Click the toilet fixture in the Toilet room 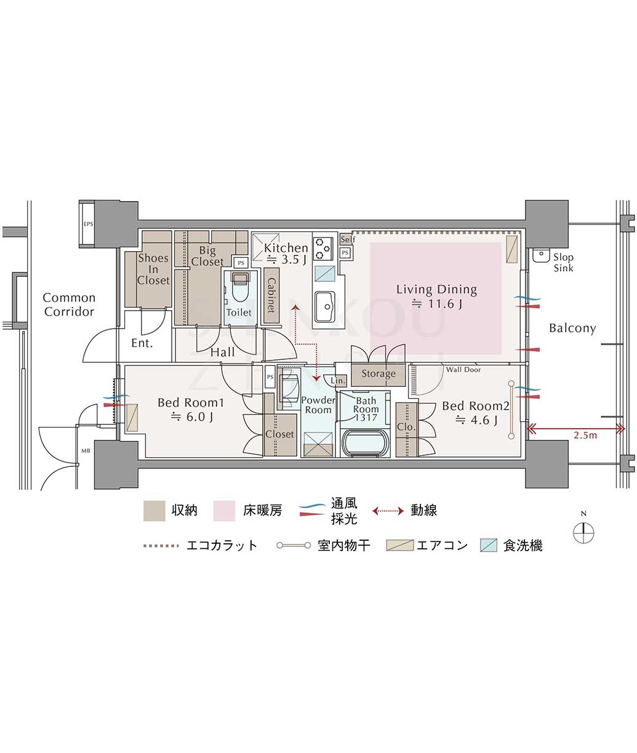pos(241,286)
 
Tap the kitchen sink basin pos(325,306)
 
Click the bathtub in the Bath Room pos(365,443)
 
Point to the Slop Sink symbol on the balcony pos(541,255)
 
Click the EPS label pos(88,224)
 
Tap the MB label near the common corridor pos(86,451)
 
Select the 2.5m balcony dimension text pos(585,435)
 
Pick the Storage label pos(379,374)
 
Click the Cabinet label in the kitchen pos(271,295)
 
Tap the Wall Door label pos(463,369)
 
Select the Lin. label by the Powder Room pos(338,381)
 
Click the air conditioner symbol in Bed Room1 pos(132,418)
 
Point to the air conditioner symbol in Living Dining pos(511,249)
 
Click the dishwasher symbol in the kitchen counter pos(325,273)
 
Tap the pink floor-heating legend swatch pos(224,511)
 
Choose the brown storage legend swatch pos(154,511)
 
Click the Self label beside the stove pos(348,239)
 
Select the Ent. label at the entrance pos(142,343)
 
